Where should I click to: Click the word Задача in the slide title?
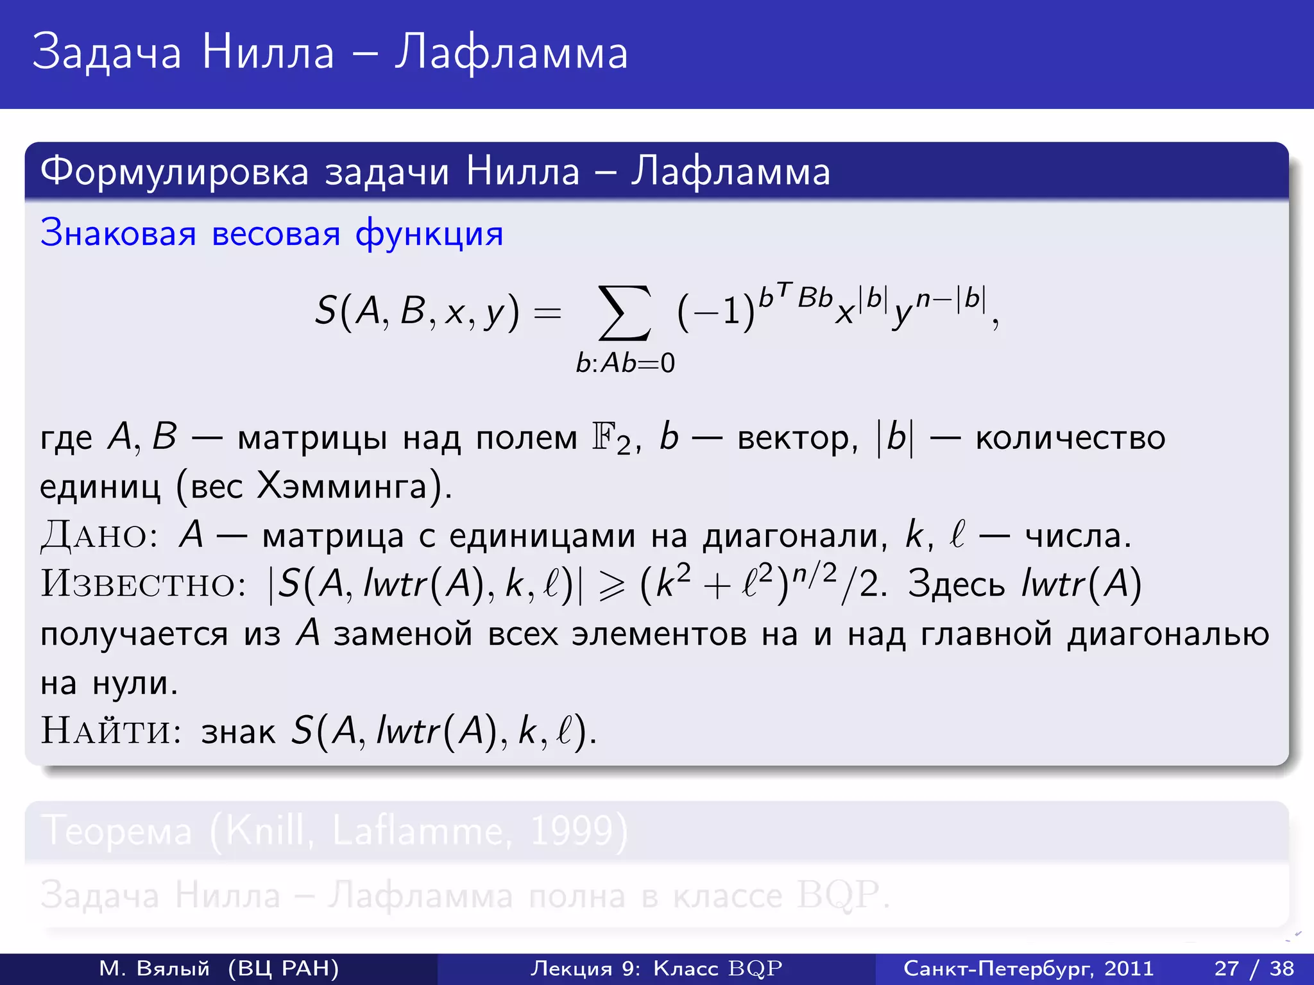coord(107,53)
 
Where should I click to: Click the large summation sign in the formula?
coord(624,313)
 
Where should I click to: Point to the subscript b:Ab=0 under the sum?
coord(625,364)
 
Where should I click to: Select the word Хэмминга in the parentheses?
coord(341,486)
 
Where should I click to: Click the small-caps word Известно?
coord(143,584)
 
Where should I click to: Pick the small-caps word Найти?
coord(111,730)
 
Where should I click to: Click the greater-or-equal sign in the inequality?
coord(611,585)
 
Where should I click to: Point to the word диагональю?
coord(1168,635)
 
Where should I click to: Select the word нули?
coord(134,683)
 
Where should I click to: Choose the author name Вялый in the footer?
coord(173,968)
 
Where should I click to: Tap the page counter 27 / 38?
coord(1254,968)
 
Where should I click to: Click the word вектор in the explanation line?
coord(796,439)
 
